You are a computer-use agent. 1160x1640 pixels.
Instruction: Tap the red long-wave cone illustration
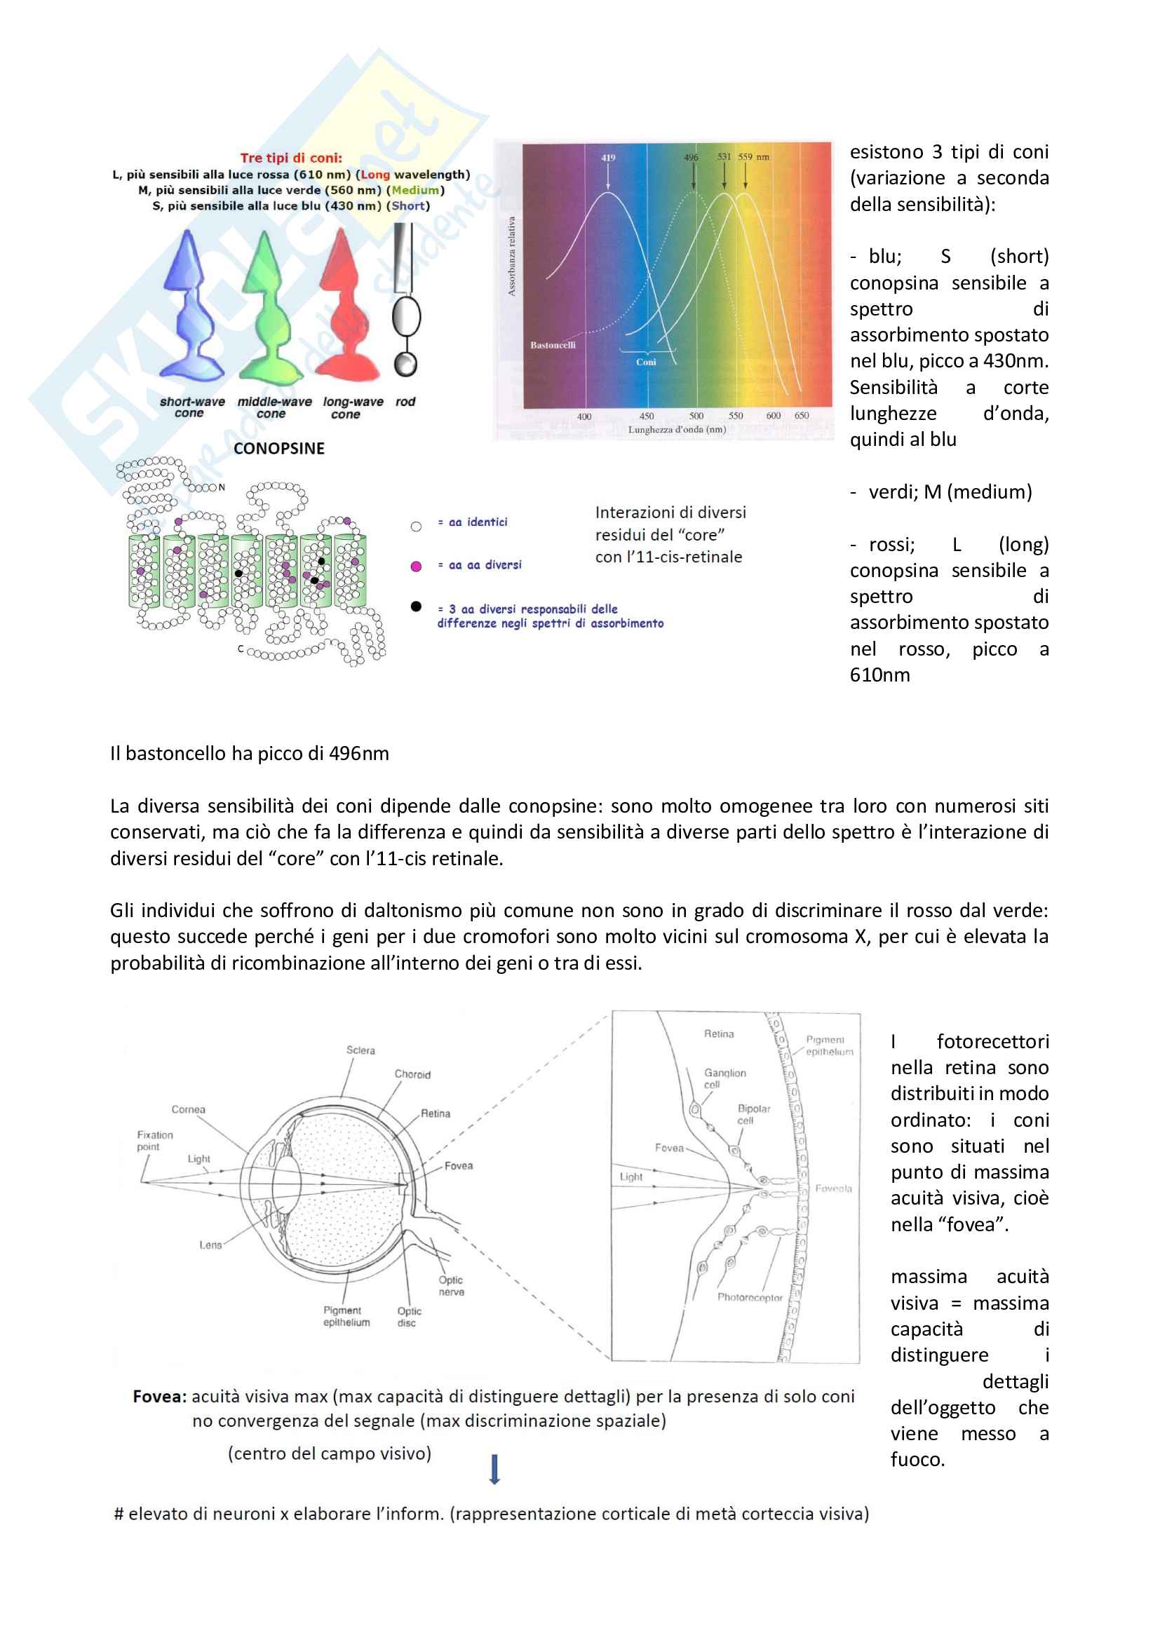pos(347,304)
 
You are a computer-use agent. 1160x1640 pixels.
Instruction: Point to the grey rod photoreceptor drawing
pos(405,300)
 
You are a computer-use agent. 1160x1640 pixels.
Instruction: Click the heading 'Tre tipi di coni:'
pos(291,158)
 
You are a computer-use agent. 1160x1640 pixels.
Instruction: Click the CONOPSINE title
pos(279,449)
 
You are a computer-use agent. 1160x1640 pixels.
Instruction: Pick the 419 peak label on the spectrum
pos(608,158)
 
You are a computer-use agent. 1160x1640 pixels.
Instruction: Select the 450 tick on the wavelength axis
pos(647,416)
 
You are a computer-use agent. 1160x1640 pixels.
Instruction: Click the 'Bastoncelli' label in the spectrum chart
pos(553,345)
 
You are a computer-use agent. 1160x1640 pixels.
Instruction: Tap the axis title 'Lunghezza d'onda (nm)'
pos(677,429)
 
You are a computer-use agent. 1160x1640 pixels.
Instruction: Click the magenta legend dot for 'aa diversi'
pos(417,567)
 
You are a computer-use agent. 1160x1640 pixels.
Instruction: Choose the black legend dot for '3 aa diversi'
pos(417,606)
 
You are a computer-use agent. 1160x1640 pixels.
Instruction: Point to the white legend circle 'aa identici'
pos(417,527)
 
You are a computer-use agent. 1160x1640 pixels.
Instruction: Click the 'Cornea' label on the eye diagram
pos(189,1109)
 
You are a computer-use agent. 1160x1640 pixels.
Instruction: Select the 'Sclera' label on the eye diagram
pos(360,1050)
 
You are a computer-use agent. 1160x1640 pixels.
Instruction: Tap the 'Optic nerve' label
pos(452,1286)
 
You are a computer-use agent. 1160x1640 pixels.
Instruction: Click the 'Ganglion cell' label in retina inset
pos(725,1078)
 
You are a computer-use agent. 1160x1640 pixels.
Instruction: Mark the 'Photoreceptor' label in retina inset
pos(750,1297)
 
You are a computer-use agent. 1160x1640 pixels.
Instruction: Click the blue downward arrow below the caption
pos(494,1470)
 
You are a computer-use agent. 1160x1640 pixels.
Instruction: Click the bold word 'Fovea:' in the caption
pos(160,1397)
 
